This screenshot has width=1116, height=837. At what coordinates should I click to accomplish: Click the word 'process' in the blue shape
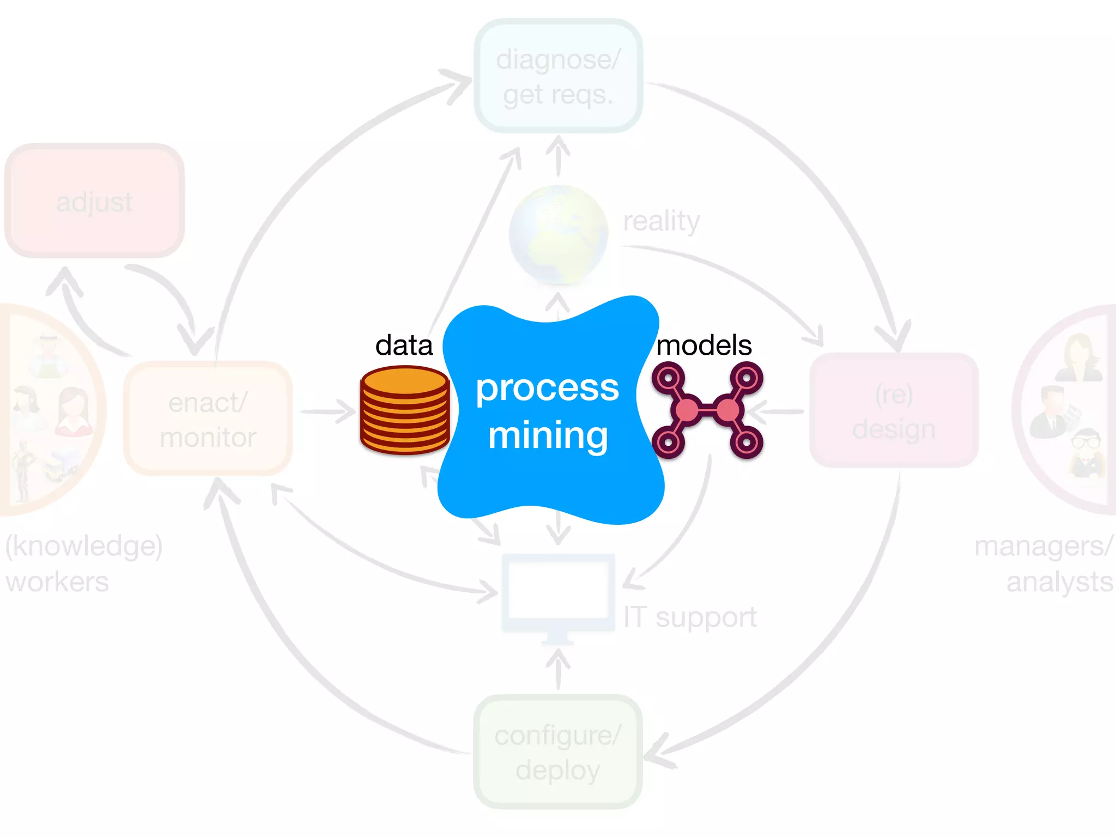(547, 388)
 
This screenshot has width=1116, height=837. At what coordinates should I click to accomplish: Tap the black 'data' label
(404, 345)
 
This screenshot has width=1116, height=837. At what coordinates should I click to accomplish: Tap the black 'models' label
(703, 345)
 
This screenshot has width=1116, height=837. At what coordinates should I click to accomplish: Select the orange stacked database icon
(404, 411)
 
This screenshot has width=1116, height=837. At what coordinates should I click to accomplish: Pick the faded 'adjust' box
(94, 202)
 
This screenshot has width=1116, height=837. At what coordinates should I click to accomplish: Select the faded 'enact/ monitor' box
(208, 418)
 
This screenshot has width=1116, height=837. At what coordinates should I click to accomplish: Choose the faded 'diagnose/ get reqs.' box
(558, 76)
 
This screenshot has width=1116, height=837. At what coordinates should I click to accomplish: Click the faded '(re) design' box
(894, 411)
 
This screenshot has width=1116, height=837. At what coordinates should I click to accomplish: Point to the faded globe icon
(558, 234)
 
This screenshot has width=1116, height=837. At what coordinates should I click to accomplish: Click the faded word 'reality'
(660, 221)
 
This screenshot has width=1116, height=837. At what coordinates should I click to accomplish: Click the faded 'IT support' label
(690, 618)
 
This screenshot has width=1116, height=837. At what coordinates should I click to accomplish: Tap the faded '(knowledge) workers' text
(83, 563)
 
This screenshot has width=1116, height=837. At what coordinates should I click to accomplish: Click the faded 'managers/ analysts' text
(1044, 563)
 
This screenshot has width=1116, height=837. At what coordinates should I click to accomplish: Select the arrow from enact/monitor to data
(327, 411)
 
